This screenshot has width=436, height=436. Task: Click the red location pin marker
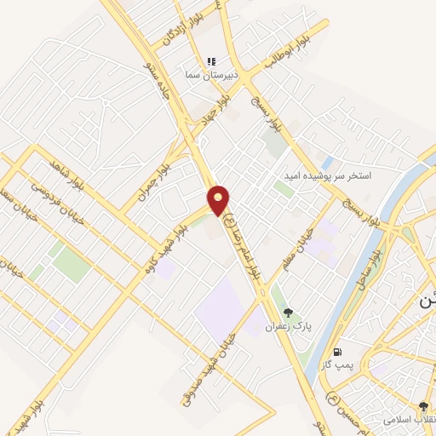click(219, 200)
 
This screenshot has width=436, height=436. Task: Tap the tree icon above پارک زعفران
click(288, 313)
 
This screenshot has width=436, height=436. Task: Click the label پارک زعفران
click(284, 326)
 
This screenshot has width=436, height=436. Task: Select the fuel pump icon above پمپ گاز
click(338, 352)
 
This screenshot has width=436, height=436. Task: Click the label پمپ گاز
click(337, 364)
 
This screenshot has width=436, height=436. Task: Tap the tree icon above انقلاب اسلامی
click(423, 407)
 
